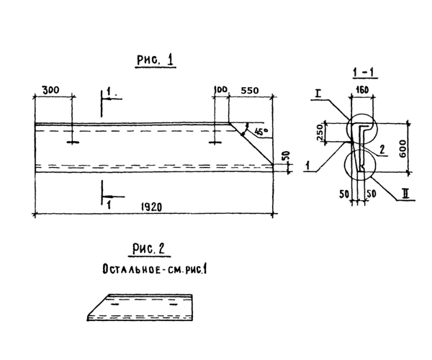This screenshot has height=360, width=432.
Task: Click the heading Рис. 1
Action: point(156,60)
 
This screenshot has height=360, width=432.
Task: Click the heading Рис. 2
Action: point(148,249)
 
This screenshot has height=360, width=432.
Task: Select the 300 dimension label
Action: point(50,90)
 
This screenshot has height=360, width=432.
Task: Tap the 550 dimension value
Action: point(250,90)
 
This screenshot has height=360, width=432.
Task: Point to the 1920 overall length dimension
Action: point(151,207)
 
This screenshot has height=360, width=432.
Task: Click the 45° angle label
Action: point(261,131)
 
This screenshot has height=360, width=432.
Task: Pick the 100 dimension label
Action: point(221,89)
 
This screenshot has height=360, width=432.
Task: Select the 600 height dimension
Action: point(402,149)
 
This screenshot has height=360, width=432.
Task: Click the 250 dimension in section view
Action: point(320,132)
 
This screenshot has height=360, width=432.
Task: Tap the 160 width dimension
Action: point(362,90)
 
